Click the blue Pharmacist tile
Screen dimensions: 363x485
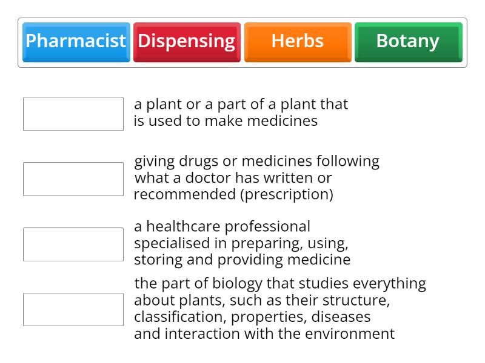(76, 42)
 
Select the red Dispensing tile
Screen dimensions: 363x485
(187, 42)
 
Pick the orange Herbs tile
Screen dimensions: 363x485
(298, 42)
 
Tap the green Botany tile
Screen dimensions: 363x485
(408, 42)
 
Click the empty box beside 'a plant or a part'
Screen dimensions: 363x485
(73, 114)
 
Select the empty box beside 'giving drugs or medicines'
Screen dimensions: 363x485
(73, 179)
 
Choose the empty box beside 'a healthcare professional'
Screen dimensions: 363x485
(73, 244)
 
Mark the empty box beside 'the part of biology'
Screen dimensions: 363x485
(73, 310)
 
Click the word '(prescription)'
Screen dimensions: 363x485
(286, 195)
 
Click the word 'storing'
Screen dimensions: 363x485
(156, 260)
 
